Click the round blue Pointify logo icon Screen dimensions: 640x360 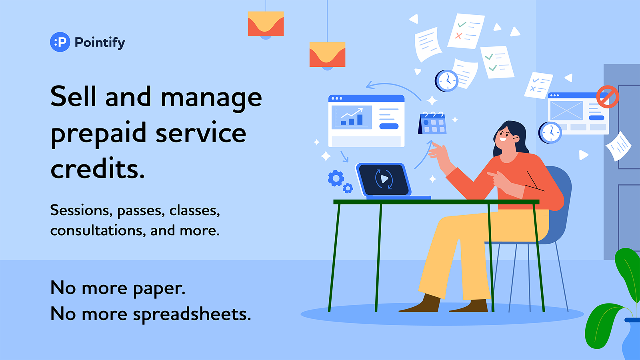(x=60, y=42)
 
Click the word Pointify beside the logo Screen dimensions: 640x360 (x=100, y=43)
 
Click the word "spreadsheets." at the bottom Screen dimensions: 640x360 (x=192, y=314)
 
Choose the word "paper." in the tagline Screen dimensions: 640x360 (x=159, y=288)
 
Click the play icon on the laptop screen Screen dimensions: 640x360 (x=384, y=179)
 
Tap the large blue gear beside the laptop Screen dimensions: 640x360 (x=336, y=178)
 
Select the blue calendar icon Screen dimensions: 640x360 (x=432, y=123)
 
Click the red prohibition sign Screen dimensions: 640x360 (x=608, y=97)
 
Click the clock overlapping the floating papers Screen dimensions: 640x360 (x=446, y=81)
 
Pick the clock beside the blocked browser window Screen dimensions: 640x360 (x=550, y=132)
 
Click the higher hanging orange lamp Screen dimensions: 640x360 (x=266, y=24)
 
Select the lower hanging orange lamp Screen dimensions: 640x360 (x=328, y=55)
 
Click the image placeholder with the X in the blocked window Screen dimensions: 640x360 (x=566, y=110)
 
